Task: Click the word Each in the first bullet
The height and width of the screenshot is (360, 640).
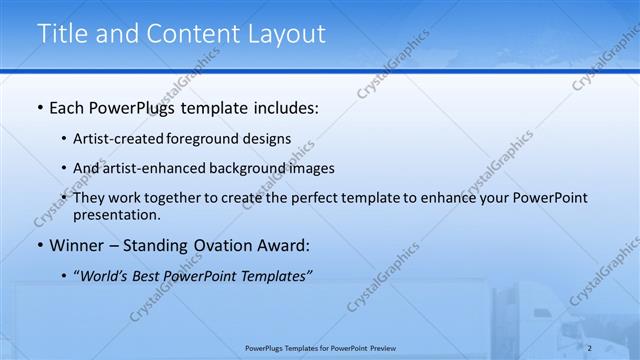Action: [x=66, y=107]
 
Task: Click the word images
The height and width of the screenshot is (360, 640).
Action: [x=312, y=168]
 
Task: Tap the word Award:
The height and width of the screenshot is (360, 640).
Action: [x=285, y=245]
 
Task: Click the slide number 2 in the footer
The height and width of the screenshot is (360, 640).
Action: [x=590, y=348]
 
